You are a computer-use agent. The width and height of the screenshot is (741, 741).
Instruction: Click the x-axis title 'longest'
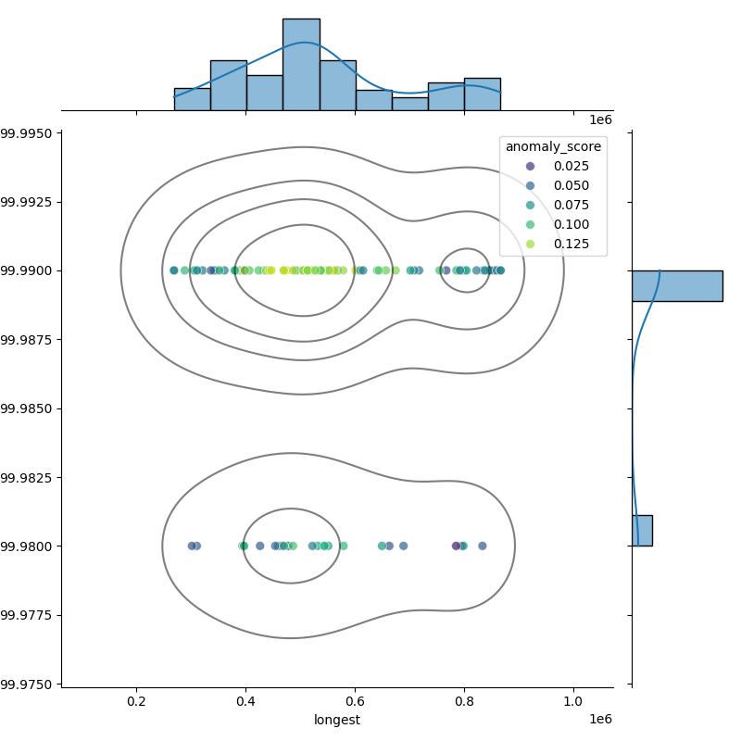click(x=337, y=720)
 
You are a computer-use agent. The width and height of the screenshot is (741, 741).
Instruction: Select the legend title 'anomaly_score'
click(x=553, y=146)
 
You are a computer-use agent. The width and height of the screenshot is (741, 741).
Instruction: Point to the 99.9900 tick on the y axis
click(x=30, y=270)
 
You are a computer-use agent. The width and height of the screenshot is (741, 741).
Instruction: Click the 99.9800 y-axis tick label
click(x=30, y=546)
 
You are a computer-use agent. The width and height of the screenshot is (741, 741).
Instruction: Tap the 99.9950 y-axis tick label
click(x=30, y=133)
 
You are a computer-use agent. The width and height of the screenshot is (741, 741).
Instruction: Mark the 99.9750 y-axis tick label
click(x=30, y=684)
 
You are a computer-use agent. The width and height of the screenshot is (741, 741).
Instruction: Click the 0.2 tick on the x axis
click(x=136, y=702)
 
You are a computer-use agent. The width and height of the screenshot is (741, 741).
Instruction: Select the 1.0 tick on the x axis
click(x=573, y=702)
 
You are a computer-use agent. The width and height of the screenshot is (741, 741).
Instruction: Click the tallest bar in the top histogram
click(x=301, y=65)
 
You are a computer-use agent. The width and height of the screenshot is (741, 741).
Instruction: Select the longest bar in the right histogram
click(x=677, y=285)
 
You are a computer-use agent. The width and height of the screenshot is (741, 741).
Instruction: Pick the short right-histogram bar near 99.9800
click(x=642, y=530)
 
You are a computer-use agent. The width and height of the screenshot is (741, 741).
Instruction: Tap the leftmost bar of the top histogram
click(x=192, y=99)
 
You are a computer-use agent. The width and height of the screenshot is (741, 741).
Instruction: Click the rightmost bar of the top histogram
click(x=482, y=94)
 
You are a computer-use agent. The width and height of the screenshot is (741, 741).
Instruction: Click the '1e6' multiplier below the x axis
click(x=600, y=720)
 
